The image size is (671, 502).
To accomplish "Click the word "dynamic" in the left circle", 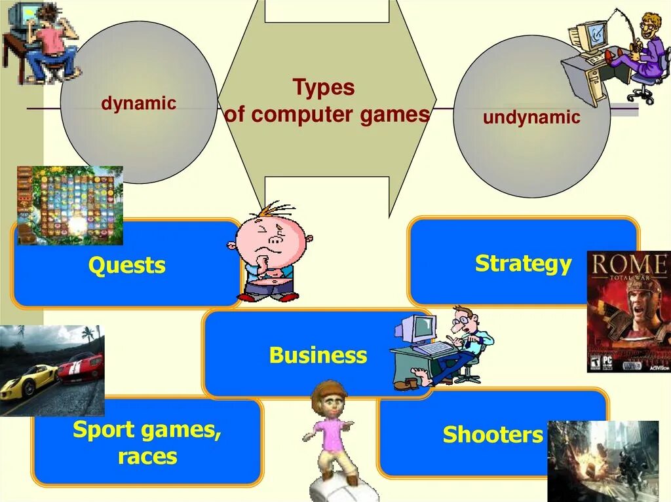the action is [138, 103].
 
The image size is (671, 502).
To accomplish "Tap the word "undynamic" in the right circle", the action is [531, 118].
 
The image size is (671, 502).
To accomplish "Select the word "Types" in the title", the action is [324, 88].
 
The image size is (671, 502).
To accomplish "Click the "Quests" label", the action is [127, 266].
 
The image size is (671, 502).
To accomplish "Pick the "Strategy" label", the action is [523, 264].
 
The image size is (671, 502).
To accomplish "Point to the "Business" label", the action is [318, 355].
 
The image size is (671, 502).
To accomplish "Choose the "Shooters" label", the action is [493, 435].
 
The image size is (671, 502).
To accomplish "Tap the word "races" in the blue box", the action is [147, 456].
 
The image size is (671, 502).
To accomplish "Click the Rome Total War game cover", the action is [628, 312].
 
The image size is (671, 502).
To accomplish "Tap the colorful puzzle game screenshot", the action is [69, 205].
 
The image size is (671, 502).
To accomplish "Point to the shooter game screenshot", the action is [602, 460].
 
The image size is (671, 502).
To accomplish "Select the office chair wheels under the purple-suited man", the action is [640, 96].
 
